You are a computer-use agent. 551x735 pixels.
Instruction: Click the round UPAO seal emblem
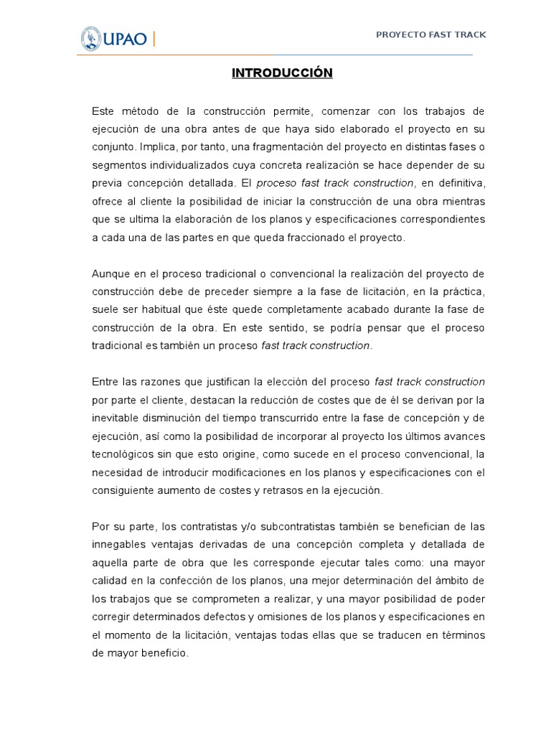(90, 38)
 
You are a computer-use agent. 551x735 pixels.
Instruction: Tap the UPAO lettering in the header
(127, 38)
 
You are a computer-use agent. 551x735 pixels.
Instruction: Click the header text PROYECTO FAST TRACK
(431, 34)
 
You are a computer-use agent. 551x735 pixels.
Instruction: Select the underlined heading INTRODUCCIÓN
(282, 73)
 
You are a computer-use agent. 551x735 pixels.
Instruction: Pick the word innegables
(121, 545)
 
